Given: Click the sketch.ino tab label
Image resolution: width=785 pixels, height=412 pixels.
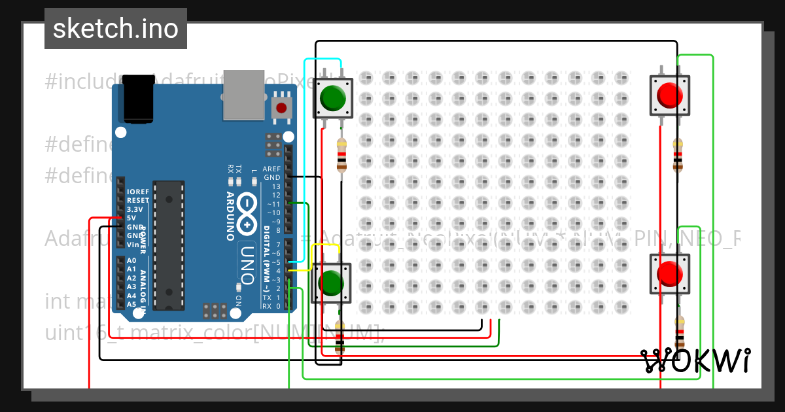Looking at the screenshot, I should (116, 29).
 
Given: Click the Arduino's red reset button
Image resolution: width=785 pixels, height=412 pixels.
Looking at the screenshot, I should (281, 108).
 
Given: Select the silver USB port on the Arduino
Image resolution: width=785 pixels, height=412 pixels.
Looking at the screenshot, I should (243, 95).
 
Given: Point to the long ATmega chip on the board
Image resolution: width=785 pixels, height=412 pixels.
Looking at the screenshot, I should (168, 245).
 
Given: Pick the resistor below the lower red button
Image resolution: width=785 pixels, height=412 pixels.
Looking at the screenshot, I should (680, 334).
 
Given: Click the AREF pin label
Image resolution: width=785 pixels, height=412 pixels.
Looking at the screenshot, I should (271, 169).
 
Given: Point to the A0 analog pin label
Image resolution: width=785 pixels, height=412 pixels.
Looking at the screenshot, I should (131, 260).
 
